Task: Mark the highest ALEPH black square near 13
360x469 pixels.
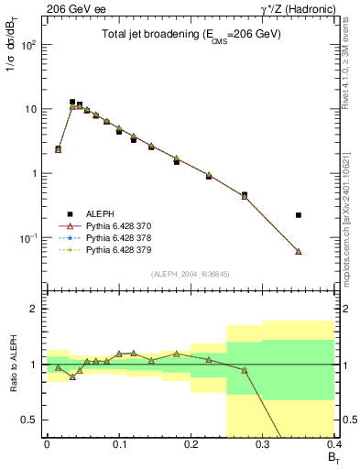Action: click(x=72, y=102)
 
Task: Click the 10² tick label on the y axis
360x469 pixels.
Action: click(x=30, y=45)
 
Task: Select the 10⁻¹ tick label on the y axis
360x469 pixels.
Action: click(x=29, y=238)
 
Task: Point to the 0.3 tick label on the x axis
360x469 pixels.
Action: click(x=263, y=444)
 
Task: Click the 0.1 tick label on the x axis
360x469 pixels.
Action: click(x=118, y=444)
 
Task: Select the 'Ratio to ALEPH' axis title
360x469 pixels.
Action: click(x=13, y=364)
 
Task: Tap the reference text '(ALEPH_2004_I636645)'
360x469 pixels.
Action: click(x=191, y=274)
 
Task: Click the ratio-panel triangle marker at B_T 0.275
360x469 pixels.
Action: click(x=245, y=370)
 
